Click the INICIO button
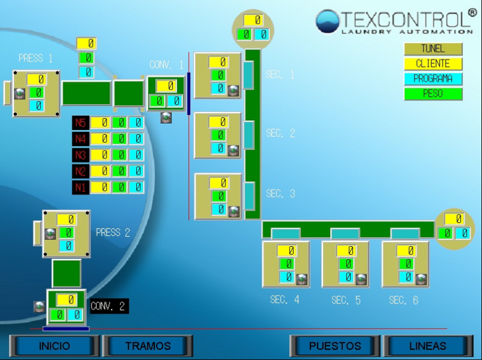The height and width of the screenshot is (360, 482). pyautogui.click(x=54, y=346)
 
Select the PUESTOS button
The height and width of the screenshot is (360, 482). pyautogui.click(x=335, y=346)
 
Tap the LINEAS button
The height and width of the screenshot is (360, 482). pyautogui.click(x=428, y=346)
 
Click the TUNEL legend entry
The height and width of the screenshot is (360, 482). pyautogui.click(x=433, y=49)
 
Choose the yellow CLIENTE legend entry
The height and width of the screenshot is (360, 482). pyautogui.click(x=433, y=64)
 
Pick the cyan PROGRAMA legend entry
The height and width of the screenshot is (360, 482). pyautogui.click(x=433, y=79)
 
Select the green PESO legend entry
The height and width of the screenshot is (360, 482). pyautogui.click(x=433, y=94)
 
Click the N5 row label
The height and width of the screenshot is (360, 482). pyautogui.click(x=80, y=123)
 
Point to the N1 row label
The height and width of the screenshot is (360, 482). pyautogui.click(x=80, y=187)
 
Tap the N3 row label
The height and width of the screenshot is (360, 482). pyautogui.click(x=80, y=155)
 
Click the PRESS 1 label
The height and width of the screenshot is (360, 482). pyautogui.click(x=36, y=58)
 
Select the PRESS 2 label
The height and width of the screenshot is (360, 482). pyautogui.click(x=113, y=232)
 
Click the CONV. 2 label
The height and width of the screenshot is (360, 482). pyautogui.click(x=108, y=306)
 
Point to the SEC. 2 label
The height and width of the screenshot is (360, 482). pyautogui.click(x=280, y=134)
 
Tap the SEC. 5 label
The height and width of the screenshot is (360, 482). pyautogui.click(x=346, y=300)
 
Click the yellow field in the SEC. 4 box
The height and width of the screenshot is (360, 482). pyautogui.click(x=287, y=250)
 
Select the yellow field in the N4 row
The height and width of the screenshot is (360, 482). pyautogui.click(x=101, y=139)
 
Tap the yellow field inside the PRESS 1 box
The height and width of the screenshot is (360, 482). pyautogui.click(x=36, y=79)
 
